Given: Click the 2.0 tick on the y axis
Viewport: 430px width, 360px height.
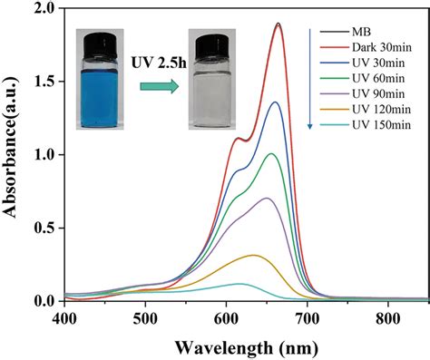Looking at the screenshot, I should pos(44,9).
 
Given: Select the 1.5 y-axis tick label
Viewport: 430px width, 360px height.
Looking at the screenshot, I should pos(44,82).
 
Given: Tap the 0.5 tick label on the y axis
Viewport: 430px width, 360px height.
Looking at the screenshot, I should pos(44,228).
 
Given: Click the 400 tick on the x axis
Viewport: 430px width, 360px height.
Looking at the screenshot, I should pos(64,319).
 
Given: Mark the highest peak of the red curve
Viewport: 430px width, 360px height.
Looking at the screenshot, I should pos(278,24).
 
